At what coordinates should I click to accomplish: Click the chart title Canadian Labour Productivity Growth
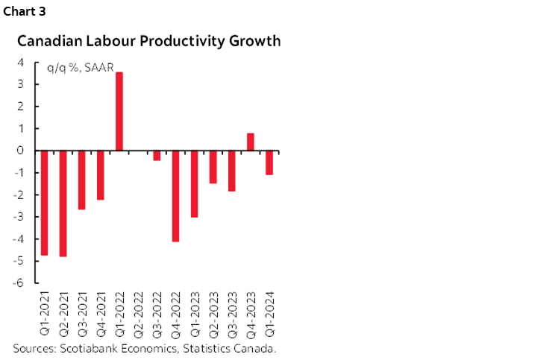[149, 41]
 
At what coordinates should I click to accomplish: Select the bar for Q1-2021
[45, 203]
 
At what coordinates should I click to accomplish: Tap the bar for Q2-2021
[63, 203]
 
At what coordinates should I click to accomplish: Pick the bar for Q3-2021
[82, 180]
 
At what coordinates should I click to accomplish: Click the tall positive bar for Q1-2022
[119, 111]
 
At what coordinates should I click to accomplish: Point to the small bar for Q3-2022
[157, 155]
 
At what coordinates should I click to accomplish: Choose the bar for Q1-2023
[194, 183]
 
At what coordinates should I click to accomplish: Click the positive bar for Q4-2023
[250, 142]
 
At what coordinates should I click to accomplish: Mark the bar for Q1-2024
[269, 162]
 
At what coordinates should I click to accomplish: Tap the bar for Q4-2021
[101, 175]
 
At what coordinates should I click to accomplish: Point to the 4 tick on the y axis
[22, 63]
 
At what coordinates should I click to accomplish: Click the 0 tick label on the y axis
[22, 151]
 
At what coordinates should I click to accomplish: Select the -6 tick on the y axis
[19, 282]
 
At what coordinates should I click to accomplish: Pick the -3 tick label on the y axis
[19, 217]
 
